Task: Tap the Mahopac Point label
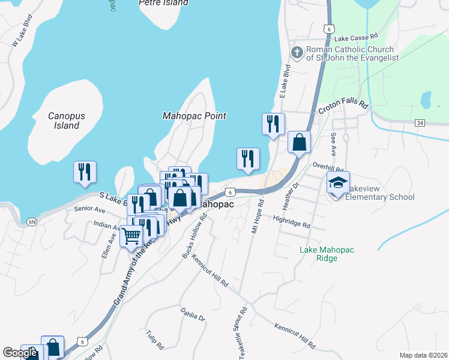tap(194, 116)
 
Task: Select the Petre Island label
tap(163, 3)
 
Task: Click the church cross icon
tap(296, 53)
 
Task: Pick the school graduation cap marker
tap(338, 182)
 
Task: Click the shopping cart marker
tap(131, 236)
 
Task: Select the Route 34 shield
tap(420, 123)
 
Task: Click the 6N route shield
tap(32, 222)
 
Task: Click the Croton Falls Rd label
tap(343, 107)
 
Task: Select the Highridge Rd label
tap(291, 222)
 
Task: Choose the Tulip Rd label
tap(155, 340)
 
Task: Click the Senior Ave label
tap(89, 210)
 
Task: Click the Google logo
tap(20, 353)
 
